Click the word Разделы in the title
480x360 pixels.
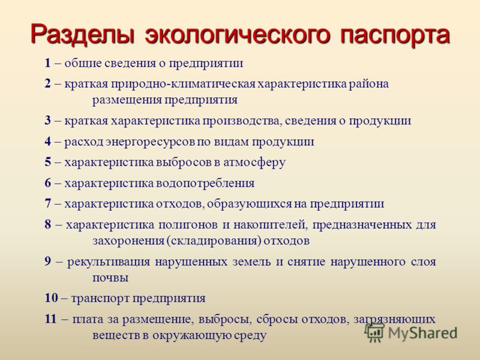coord(83,34)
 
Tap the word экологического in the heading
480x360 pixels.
coord(238,34)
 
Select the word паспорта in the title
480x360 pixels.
coord(395,34)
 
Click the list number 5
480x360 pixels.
coord(48,162)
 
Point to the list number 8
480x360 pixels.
coord(48,224)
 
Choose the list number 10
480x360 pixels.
coord(51,298)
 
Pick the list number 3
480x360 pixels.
coord(48,121)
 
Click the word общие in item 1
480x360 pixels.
coord(83,64)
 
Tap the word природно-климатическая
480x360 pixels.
coord(183,85)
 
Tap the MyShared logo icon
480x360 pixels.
coord(374,332)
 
